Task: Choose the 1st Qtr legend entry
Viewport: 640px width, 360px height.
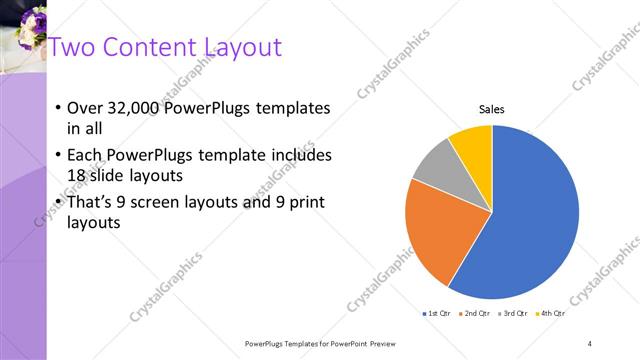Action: click(438, 314)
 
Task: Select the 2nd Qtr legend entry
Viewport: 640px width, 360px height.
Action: click(474, 314)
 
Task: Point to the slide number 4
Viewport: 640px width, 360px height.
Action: click(589, 343)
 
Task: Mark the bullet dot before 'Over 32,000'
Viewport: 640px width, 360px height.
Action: click(58, 108)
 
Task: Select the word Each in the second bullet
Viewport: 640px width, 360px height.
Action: click(85, 156)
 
